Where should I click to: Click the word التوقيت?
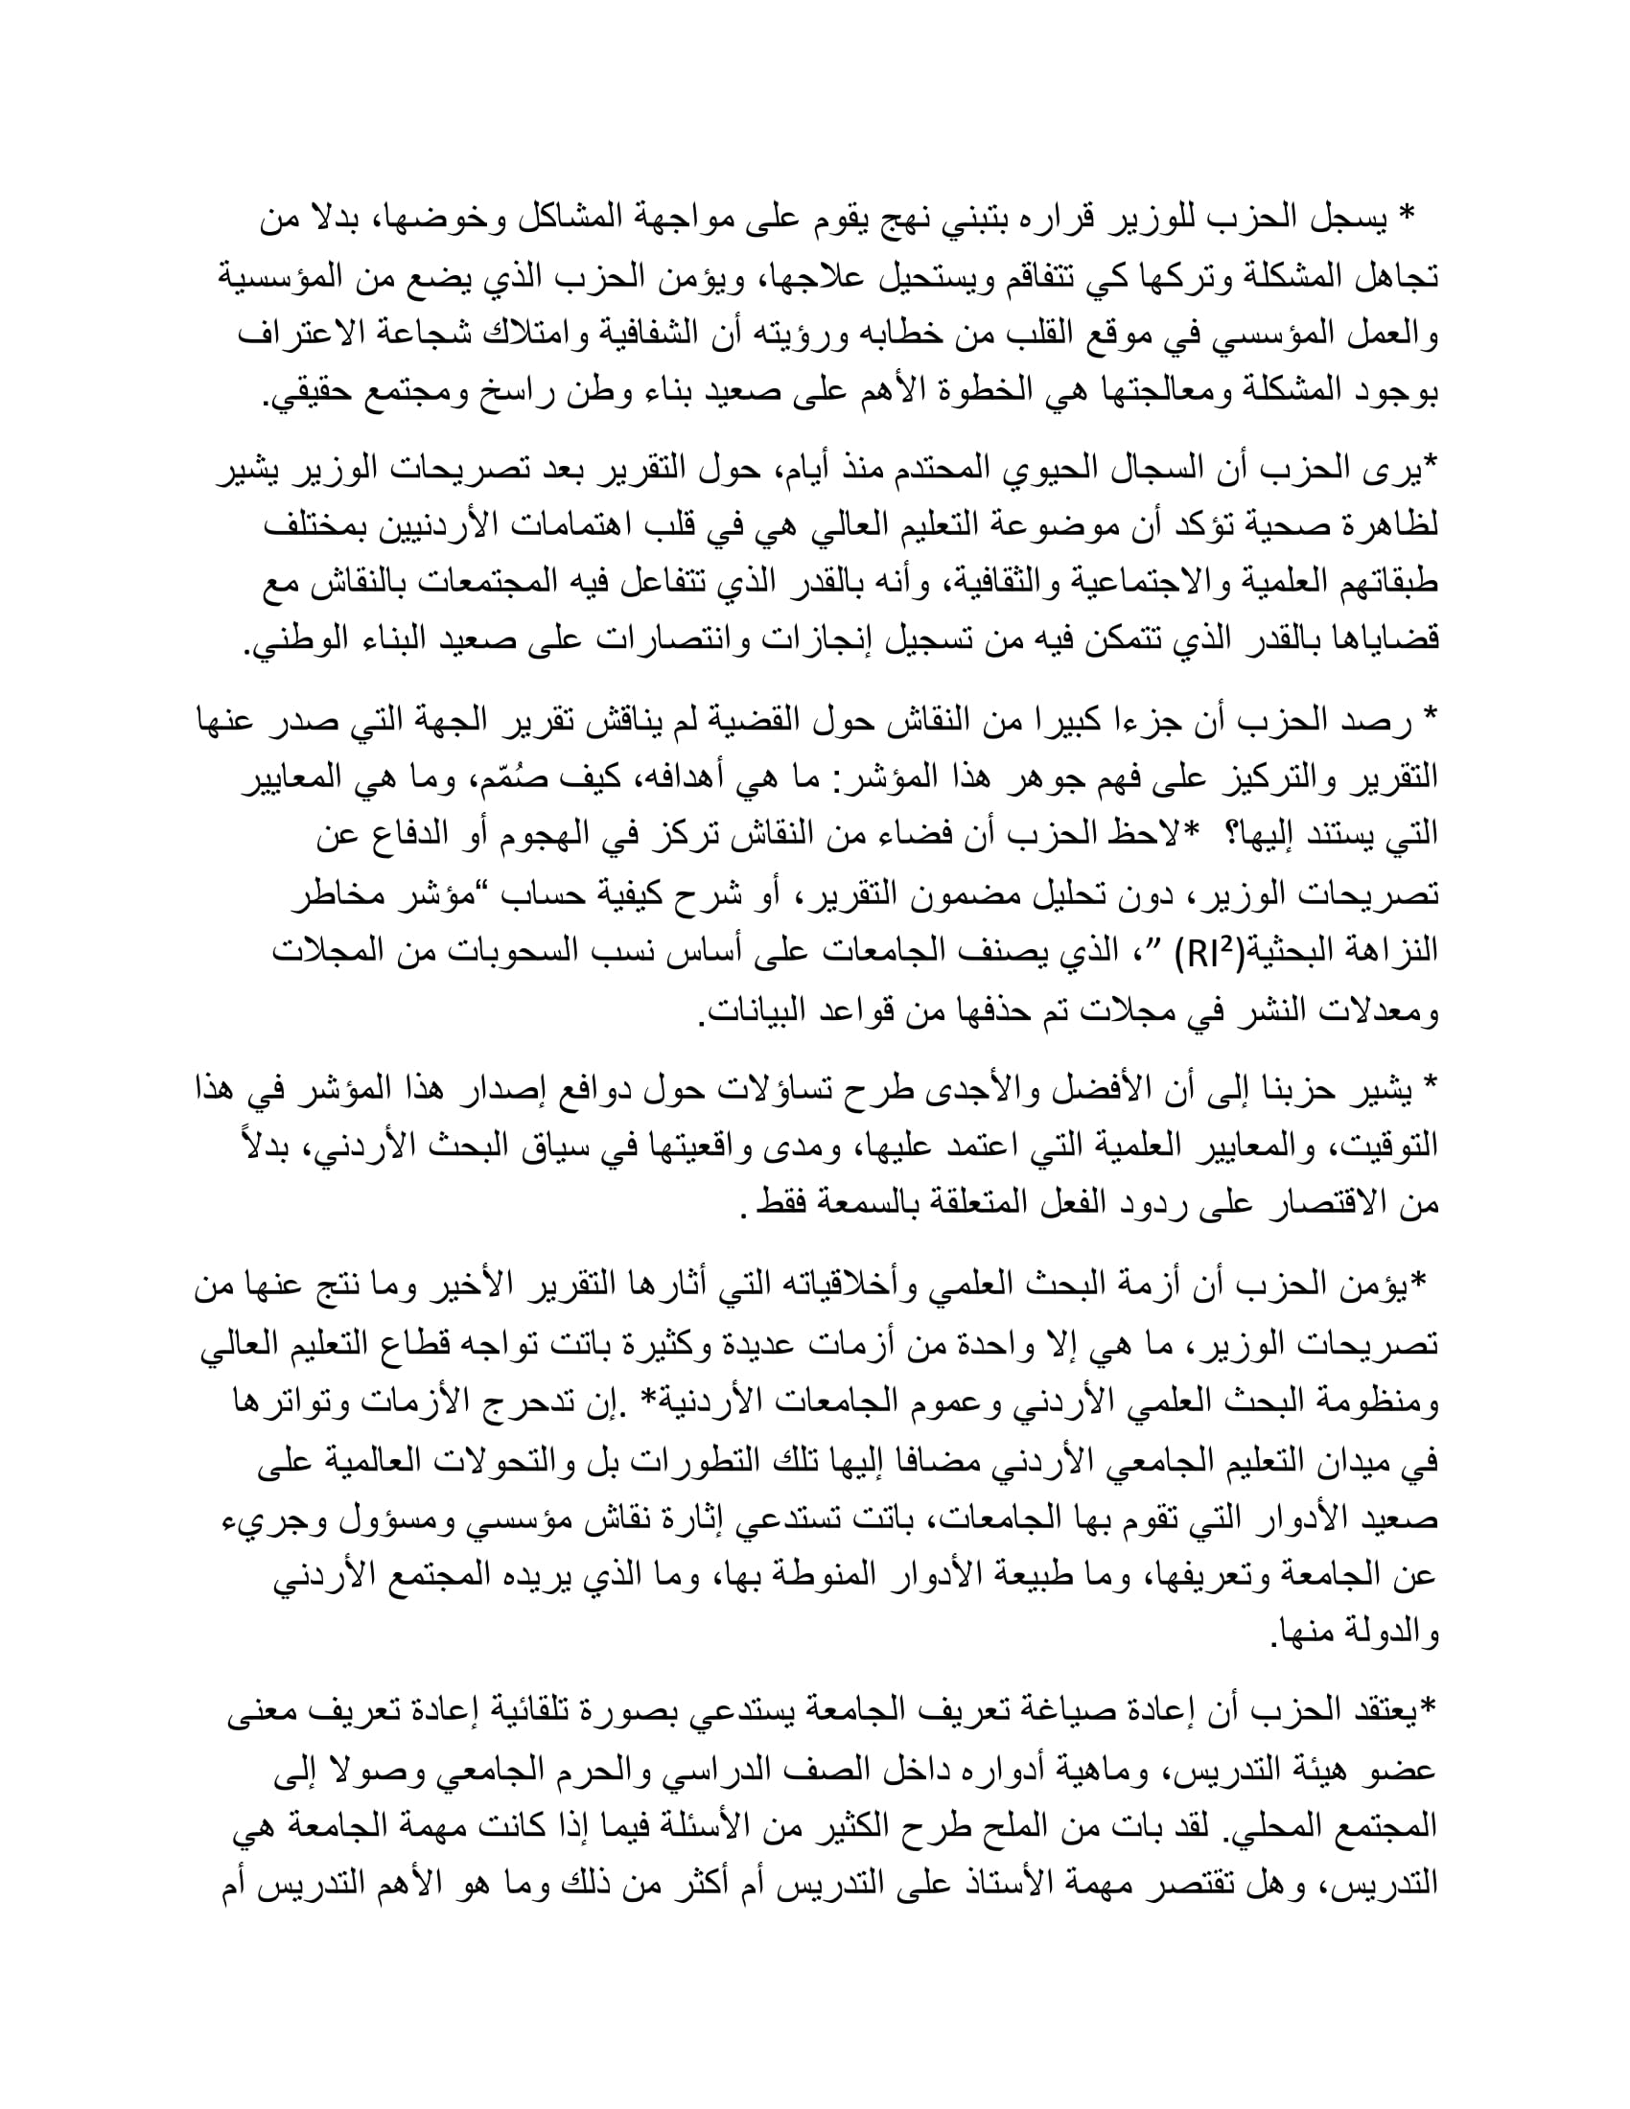pos(1387,1146)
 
